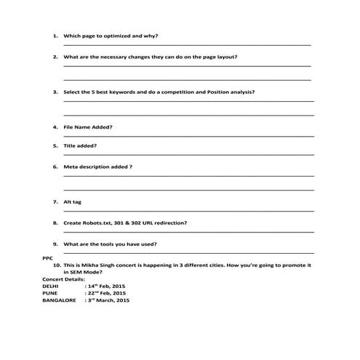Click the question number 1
tap(55, 36)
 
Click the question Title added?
tap(80, 145)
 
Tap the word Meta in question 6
tap(71, 167)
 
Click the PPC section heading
tap(48, 257)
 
